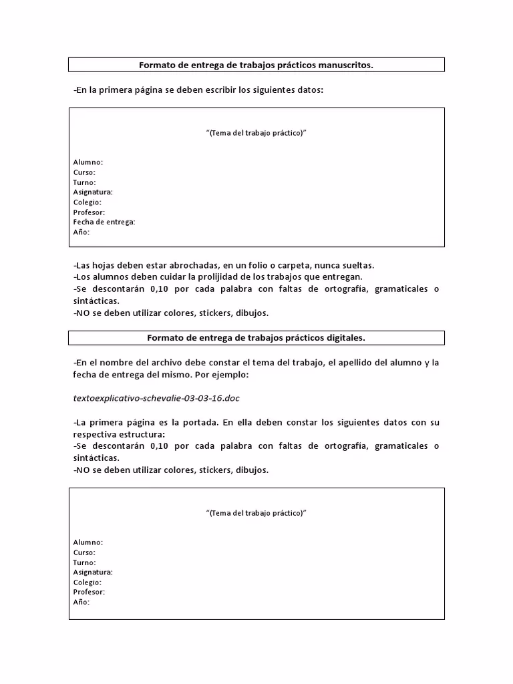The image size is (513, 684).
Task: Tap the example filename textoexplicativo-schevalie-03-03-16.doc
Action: (156, 398)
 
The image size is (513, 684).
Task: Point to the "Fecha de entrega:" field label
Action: (104, 222)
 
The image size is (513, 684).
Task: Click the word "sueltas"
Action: (357, 265)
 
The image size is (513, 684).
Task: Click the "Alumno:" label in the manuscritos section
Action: (88, 162)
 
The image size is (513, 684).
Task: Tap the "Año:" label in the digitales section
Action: (81, 602)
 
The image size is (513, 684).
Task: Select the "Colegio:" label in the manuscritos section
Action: (87, 202)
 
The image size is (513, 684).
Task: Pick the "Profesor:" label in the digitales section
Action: (89, 592)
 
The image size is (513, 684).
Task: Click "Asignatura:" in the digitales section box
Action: (93, 572)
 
